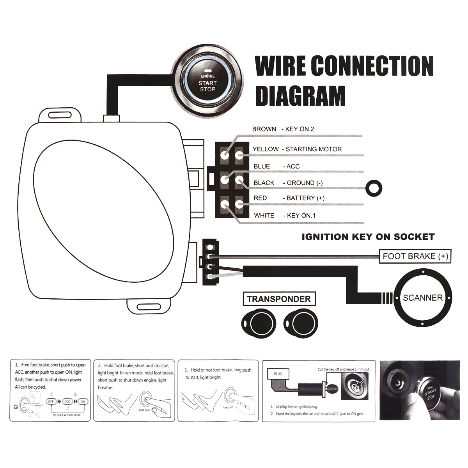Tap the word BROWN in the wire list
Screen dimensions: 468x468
coord(264,129)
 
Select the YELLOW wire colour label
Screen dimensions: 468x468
coord(266,149)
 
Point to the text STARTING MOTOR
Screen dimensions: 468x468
coord(314,149)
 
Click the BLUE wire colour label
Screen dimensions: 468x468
coord(262,167)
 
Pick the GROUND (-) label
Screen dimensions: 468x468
coord(305,183)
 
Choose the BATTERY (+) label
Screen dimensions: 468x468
coord(305,198)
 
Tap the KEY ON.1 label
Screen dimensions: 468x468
coord(301,215)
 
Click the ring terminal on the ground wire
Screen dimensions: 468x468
coord(374,187)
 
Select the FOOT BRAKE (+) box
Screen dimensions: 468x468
coord(415,256)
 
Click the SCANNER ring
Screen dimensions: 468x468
coord(423,298)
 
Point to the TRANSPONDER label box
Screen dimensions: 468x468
coord(278,299)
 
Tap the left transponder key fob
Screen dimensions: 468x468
coord(258,323)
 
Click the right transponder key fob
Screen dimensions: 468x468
coord(301,323)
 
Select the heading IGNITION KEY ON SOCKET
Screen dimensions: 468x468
coord(368,237)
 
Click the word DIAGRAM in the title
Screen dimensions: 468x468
coord(300,96)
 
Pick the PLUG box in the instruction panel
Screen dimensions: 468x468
coord(278,374)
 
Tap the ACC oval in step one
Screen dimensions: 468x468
coord(67,401)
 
